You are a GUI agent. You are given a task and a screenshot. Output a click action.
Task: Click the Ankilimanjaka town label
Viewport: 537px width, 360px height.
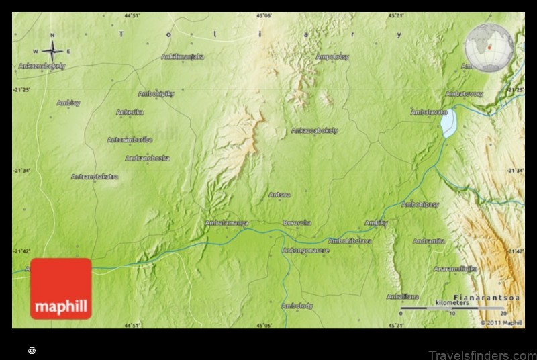tap(183, 57)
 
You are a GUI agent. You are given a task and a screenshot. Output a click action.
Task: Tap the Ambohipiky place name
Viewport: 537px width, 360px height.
tap(156, 94)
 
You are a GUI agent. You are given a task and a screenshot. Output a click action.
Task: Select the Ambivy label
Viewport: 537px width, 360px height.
tap(68, 103)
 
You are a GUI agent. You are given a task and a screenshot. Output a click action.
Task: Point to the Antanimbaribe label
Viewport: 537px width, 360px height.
tap(130, 140)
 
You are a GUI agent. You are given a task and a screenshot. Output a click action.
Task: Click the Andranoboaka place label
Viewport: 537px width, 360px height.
tap(147, 159)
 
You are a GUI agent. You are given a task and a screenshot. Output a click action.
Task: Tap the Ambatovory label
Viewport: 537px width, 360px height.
tap(465, 94)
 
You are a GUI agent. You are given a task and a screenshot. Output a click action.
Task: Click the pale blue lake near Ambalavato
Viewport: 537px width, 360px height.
tap(448, 124)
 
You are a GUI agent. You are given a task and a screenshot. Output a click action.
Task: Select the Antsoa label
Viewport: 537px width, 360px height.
tap(279, 195)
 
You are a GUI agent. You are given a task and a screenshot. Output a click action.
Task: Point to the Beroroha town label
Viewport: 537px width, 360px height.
tap(297, 222)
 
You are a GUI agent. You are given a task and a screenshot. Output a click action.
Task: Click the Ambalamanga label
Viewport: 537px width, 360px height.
tap(226, 222)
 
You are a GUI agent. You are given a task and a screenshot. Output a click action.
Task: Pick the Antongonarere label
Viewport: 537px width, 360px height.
tap(306, 251)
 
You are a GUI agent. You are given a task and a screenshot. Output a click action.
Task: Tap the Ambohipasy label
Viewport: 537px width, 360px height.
tap(420, 204)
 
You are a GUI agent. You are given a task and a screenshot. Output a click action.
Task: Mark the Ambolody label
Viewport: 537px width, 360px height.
tap(297, 306)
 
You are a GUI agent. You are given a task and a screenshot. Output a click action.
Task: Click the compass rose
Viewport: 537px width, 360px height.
tap(52, 50)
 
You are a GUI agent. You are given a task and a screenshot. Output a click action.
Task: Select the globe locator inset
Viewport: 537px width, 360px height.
tap(489, 48)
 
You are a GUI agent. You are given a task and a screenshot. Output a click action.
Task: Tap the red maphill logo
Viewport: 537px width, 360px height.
tap(60, 289)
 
